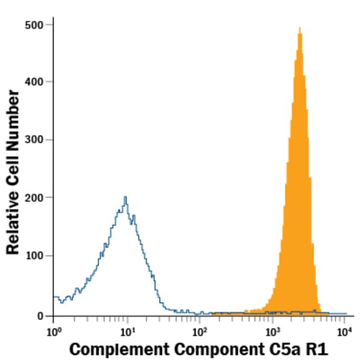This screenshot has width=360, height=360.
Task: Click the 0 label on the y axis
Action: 41,316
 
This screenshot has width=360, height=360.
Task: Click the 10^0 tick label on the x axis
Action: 53,332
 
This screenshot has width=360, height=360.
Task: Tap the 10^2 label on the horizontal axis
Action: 199,332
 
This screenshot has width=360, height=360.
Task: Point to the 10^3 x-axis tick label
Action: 272,332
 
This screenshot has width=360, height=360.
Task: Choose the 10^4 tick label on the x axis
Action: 344,332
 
